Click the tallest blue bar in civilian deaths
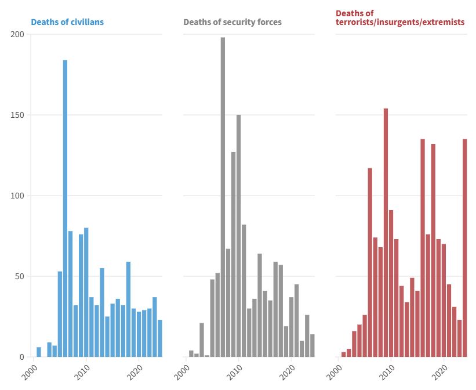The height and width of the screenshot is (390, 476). tap(65, 208)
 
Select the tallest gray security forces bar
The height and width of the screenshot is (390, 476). tap(223, 197)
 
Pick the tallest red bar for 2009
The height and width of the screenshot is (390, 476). tap(386, 232)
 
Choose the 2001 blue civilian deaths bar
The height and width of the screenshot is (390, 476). tap(39, 352)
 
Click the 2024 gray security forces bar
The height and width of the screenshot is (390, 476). tap(312, 345)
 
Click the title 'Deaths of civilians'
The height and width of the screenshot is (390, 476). tap(67, 22)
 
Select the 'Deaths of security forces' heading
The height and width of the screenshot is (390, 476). tap(232, 22)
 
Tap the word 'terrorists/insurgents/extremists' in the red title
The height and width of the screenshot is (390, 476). tap(400, 22)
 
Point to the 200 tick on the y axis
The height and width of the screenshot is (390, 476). tap(17, 34)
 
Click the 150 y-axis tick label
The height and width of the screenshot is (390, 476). tap(17, 115)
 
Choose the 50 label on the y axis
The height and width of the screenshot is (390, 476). tap(20, 276)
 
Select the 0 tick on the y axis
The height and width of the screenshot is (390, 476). tap(21, 357)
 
